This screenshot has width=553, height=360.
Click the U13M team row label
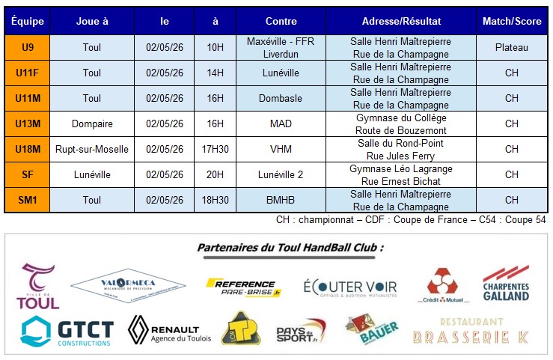click(28, 123)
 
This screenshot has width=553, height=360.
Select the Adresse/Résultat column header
click(400, 22)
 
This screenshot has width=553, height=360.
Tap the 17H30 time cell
click(216, 149)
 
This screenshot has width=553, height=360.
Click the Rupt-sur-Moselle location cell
click(92, 149)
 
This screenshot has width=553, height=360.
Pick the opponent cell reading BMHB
click(281, 200)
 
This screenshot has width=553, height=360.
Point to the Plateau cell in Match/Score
click(511, 47)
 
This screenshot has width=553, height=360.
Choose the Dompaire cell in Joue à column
click(92, 123)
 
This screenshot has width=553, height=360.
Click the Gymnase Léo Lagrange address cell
click(400, 174)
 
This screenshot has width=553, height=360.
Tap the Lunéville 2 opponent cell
click(281, 174)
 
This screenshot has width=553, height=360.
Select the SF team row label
click(28, 174)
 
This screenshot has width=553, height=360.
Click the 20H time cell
click(216, 174)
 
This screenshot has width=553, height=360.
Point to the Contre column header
click(281, 22)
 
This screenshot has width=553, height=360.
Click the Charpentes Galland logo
click(506, 284)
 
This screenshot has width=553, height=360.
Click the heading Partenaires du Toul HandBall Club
click(290, 248)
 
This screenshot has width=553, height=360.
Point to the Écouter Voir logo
click(350, 288)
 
